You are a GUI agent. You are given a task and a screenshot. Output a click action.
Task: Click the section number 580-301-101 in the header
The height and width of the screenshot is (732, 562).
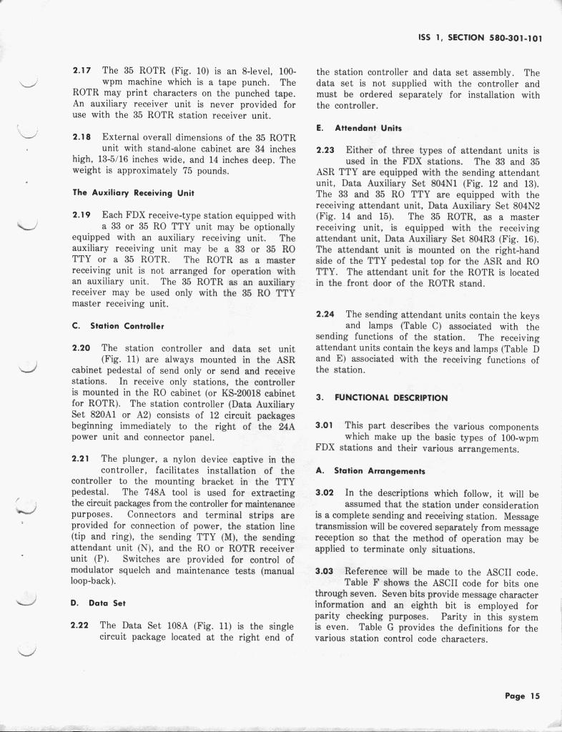coord(509,39)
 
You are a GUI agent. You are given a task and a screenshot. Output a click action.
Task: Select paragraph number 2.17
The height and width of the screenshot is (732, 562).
coord(83,71)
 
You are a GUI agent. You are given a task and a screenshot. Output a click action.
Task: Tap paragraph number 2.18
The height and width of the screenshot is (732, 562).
coord(83,137)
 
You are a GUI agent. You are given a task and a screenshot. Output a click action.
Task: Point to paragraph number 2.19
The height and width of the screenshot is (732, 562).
coord(82,214)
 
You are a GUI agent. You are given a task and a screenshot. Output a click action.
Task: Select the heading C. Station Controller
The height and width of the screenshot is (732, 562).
coord(119,325)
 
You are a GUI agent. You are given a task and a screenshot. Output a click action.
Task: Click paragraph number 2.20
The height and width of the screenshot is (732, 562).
coord(82,347)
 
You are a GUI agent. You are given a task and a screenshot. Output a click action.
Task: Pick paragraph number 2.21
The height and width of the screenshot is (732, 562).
coord(82,459)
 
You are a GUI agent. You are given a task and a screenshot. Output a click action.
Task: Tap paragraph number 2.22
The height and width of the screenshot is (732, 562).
coord(82,625)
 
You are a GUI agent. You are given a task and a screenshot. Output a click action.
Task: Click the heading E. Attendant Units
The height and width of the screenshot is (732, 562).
coord(359,128)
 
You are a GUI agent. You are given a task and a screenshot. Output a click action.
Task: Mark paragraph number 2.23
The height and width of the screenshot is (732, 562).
coord(325,150)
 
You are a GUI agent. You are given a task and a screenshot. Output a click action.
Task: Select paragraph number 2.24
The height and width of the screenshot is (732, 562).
coord(325,315)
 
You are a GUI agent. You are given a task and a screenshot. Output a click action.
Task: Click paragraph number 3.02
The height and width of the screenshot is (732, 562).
coord(325,493)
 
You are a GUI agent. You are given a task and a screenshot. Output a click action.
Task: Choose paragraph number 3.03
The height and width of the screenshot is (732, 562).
coord(325,571)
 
